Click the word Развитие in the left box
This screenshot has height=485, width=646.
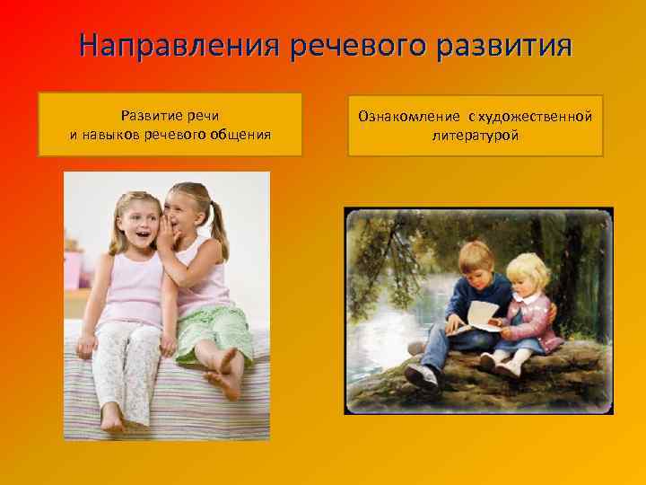pyautogui.click(x=147, y=116)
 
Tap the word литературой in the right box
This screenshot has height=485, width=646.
pyautogui.click(x=476, y=136)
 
